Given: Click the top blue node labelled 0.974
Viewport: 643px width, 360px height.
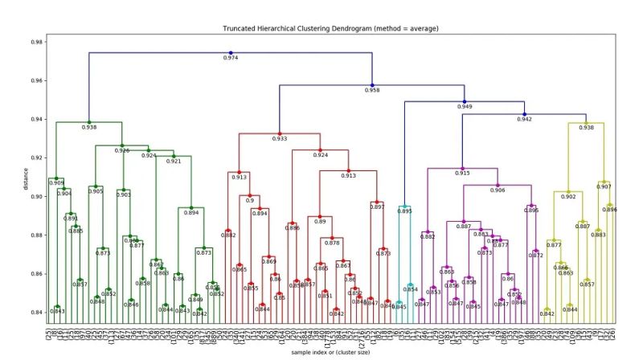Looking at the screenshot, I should coord(231,53).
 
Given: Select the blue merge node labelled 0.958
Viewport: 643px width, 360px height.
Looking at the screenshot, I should coord(372,84).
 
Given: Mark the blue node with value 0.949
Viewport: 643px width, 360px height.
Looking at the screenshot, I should coord(465,102).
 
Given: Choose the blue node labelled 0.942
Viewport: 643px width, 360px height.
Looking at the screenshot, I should coord(525,115).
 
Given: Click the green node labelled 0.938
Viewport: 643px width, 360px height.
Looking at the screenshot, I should coord(88,122).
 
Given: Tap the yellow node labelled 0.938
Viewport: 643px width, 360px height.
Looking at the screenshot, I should coord(587,123).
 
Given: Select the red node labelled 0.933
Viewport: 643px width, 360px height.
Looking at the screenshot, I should coord(280,133).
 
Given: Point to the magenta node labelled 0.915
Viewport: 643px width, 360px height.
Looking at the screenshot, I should coord(462,168).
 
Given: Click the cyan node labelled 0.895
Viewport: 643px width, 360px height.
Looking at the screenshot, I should coord(404,207).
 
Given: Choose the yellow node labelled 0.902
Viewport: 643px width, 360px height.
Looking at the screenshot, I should coord(568,192).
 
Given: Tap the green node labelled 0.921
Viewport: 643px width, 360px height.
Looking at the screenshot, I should coord(174,156).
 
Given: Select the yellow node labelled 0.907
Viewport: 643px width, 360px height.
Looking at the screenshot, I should coord(604,182).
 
